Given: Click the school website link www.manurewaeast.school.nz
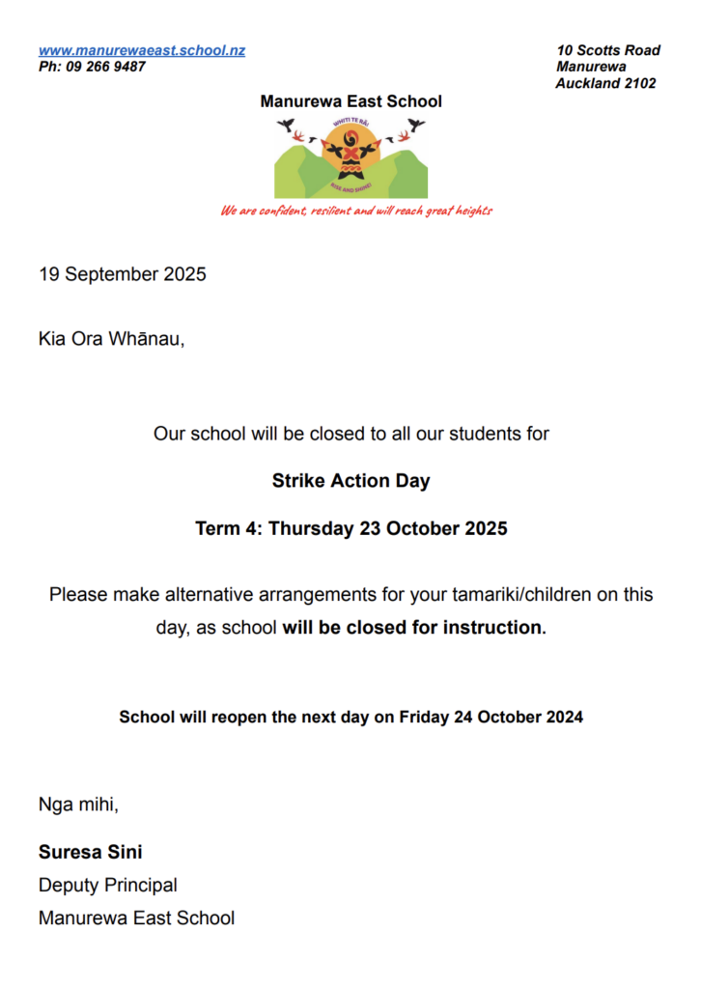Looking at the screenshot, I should [141, 50].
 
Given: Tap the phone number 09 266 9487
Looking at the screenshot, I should [106, 67].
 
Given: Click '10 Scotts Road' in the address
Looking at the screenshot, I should [608, 50].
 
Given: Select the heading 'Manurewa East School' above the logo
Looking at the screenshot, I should [350, 101].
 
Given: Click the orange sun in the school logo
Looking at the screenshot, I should [350, 150].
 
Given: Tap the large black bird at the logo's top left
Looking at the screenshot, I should [286, 124].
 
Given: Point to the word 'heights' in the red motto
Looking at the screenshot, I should [473, 211].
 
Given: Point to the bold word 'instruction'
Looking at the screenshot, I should [492, 628].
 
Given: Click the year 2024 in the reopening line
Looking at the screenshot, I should [565, 718].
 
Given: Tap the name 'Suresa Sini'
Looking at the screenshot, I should [91, 852].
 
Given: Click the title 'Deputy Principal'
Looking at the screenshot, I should [107, 885].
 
